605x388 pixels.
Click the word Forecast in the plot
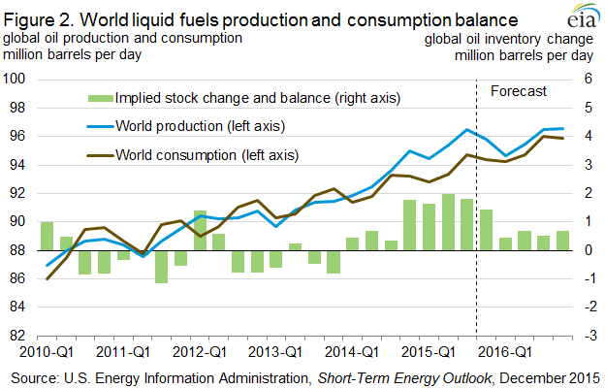click(520, 91)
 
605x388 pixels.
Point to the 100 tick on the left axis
click(16, 79)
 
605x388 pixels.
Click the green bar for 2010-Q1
click(47, 236)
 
